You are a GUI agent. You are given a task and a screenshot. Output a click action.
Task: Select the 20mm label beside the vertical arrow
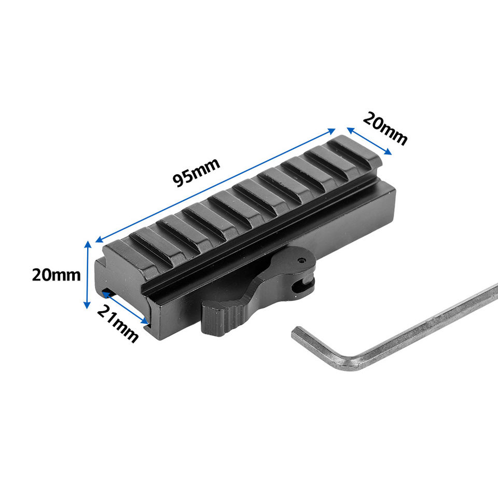point(56,275)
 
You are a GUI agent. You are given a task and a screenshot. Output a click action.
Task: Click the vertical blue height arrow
point(87,275)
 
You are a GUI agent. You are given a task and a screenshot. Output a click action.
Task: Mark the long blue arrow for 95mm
point(215,185)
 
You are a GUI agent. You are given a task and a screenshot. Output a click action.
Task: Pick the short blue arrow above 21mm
point(125,308)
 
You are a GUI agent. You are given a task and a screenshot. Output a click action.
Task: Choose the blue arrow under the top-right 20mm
point(369,141)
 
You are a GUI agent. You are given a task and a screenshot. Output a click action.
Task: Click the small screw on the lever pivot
point(301,261)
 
